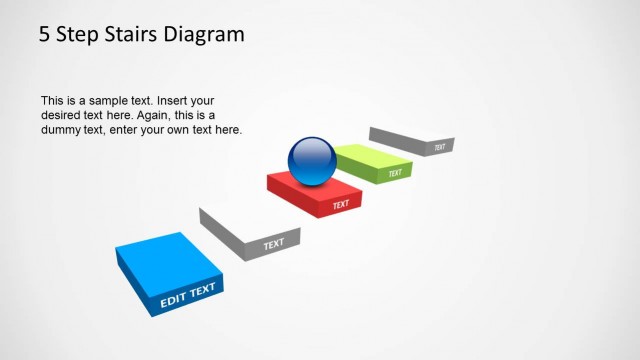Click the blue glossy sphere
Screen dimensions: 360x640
pos(312,160)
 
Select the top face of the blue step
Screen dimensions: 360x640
pos(162,261)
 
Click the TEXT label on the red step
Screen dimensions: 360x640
pos(341,205)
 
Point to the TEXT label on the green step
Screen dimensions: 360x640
pos(395,173)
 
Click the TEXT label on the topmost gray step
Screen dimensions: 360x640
pos(439,147)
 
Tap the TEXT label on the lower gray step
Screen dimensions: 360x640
pos(273,243)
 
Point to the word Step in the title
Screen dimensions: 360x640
pos(78,35)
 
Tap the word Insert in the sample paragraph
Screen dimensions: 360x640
pos(166,101)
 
